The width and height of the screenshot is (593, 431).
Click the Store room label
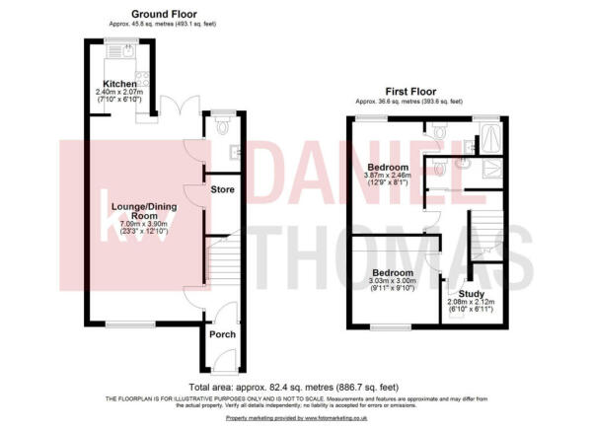pyautogui.click(x=221, y=188)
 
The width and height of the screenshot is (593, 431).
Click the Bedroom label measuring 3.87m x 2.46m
pyautogui.click(x=388, y=167)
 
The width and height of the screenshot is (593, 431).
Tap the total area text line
pyautogui.click(x=296, y=386)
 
